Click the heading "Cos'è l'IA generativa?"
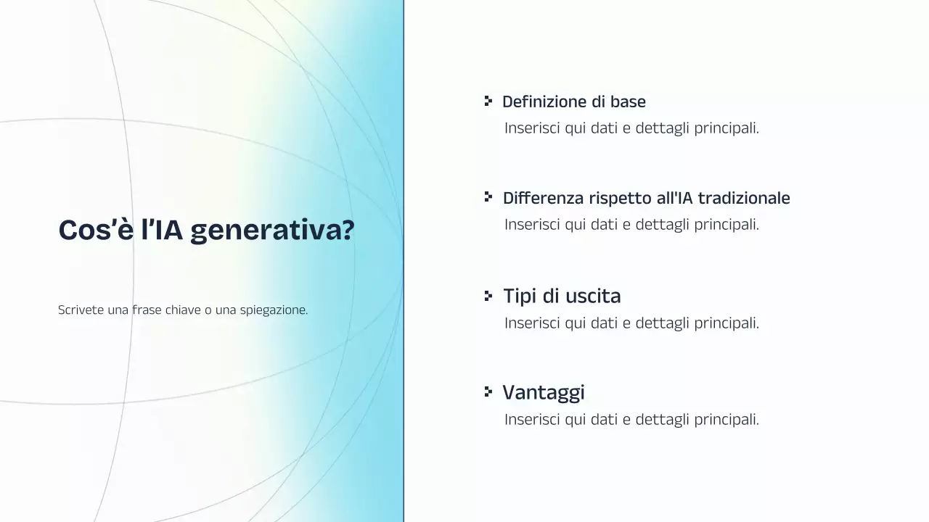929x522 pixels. pos(206,230)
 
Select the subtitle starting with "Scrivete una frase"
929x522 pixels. pos(183,310)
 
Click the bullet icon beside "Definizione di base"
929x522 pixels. pos(488,101)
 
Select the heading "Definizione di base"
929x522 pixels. pos(573,101)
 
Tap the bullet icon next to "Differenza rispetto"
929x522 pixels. pos(488,197)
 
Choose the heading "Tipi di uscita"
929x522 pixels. pos(562,296)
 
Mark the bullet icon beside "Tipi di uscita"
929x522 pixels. pos(488,295)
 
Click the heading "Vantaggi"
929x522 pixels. pos(543,392)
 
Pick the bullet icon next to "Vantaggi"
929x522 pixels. pos(488,391)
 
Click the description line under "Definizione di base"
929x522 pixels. pos(631,128)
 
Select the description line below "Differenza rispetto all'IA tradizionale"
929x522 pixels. pos(631,225)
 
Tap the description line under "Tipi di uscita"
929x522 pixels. pos(631,323)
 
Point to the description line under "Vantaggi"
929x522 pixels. pos(631,419)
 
